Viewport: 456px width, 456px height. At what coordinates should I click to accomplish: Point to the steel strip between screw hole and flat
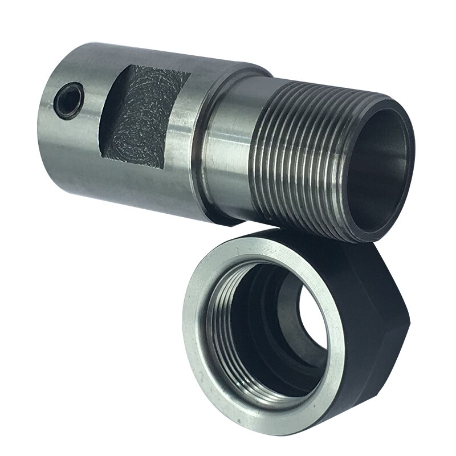[91, 108]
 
